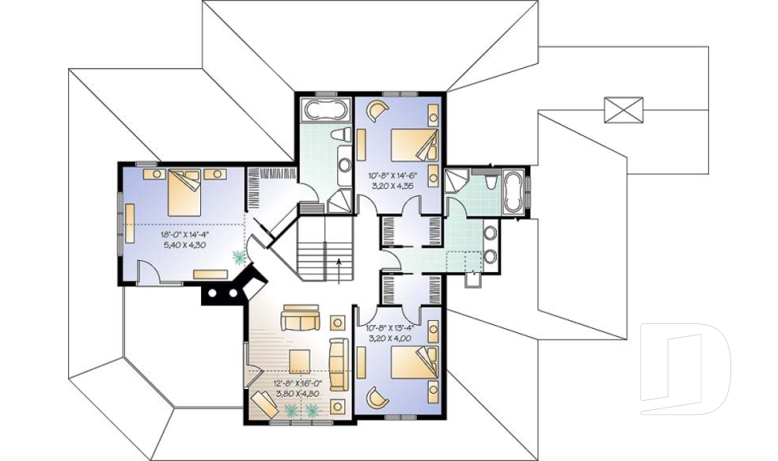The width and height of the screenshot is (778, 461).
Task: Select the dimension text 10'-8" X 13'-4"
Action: pos(391,328)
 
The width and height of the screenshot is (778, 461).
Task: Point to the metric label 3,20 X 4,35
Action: pos(392,186)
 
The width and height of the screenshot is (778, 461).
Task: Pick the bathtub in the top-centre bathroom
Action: pos(325,110)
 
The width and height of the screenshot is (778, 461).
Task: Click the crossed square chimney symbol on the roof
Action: pos(623,110)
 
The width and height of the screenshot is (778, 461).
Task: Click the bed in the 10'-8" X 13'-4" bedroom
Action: pos(413,362)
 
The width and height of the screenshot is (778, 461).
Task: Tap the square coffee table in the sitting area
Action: pos(301,360)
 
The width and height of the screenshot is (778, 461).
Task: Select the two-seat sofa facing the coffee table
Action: pos(301,320)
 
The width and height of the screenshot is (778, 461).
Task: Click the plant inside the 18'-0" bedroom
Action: pos(238,258)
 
